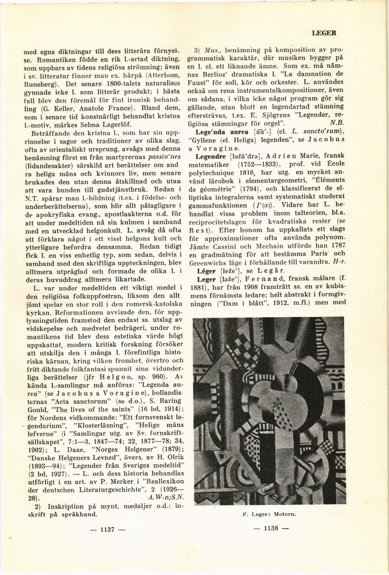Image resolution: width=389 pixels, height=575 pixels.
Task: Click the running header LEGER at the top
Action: point(324,33)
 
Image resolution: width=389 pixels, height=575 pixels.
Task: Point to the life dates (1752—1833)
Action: point(258,165)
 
